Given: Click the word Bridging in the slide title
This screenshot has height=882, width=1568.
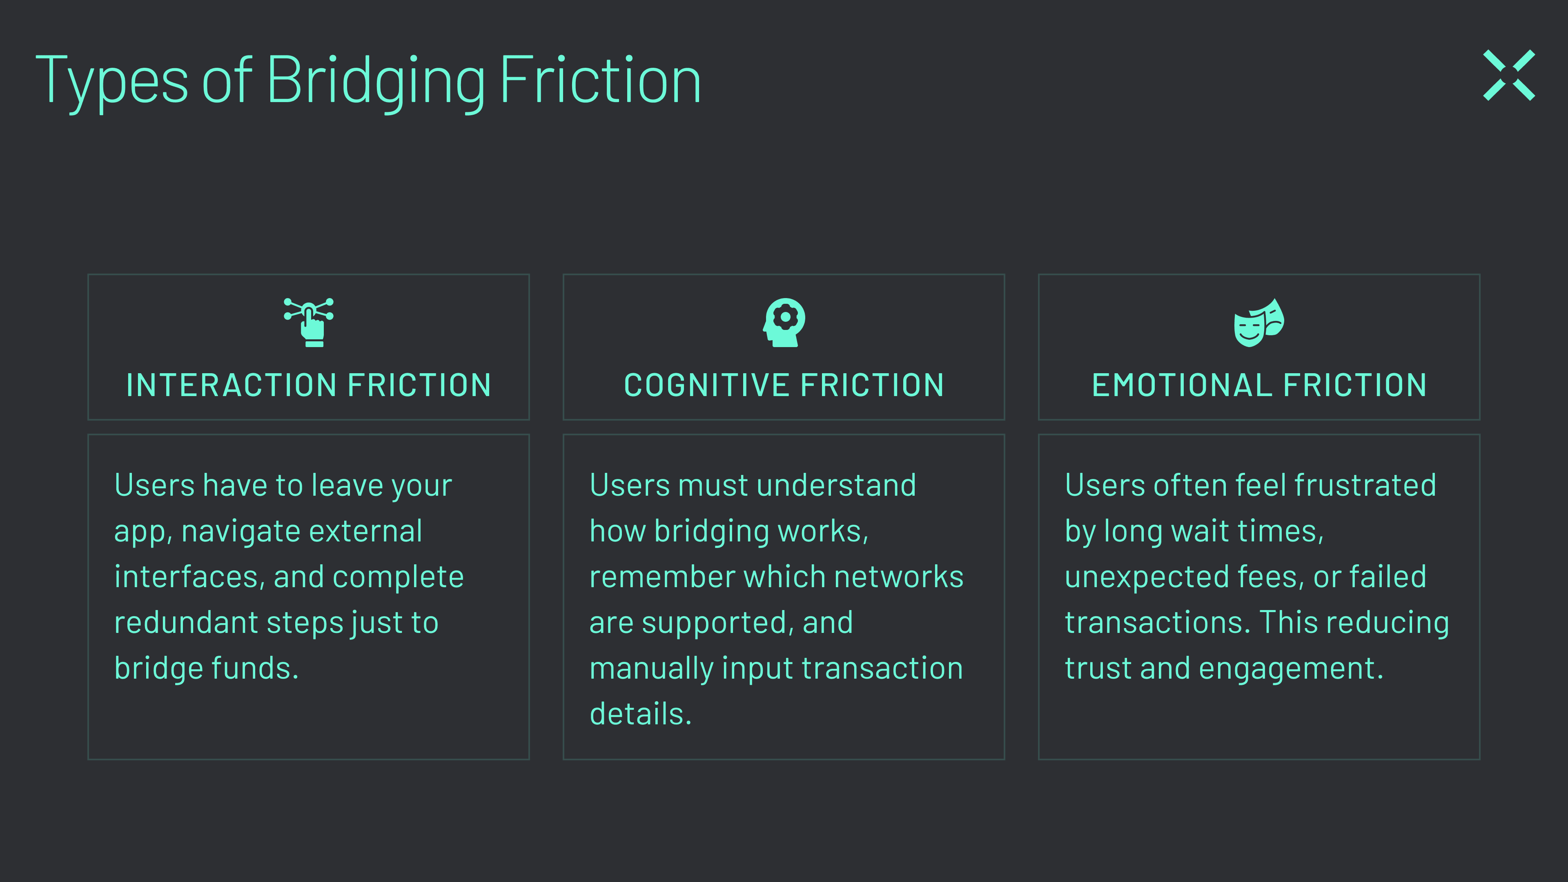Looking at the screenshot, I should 376,81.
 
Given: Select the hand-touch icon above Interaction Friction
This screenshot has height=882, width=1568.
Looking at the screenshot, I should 309,322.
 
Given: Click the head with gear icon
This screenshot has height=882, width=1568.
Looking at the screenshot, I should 784,322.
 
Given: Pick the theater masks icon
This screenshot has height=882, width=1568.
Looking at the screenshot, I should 1259,323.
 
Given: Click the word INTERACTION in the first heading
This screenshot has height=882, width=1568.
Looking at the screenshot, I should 231,385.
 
